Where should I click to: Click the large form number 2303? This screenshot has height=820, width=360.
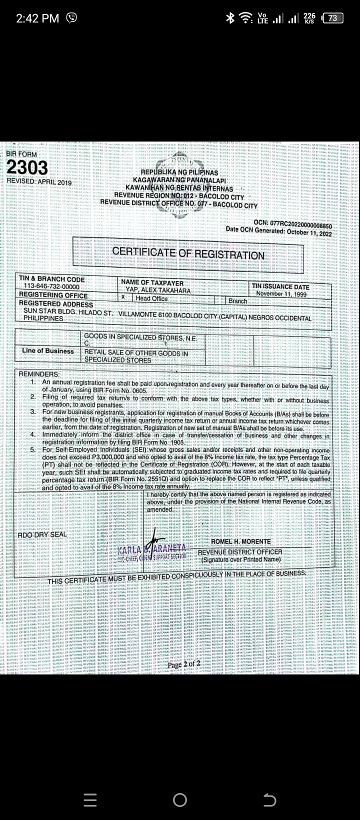pos(27,168)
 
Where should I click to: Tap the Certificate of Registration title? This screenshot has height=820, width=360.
pos(188,253)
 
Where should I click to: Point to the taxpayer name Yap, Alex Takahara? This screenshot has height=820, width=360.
pos(155,290)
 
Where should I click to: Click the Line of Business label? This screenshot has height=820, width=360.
pos(47,351)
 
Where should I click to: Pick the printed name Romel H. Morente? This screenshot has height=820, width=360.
pos(240,541)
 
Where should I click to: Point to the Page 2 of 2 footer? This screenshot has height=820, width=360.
pos(183,664)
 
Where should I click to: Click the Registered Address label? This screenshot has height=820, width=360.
pos(56,304)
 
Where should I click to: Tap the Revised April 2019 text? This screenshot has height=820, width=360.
pos(39,182)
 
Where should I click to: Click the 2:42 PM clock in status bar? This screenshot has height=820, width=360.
pos(37,18)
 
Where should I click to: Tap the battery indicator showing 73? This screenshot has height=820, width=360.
pos(333,18)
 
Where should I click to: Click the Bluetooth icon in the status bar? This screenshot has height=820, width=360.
pos(230,18)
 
